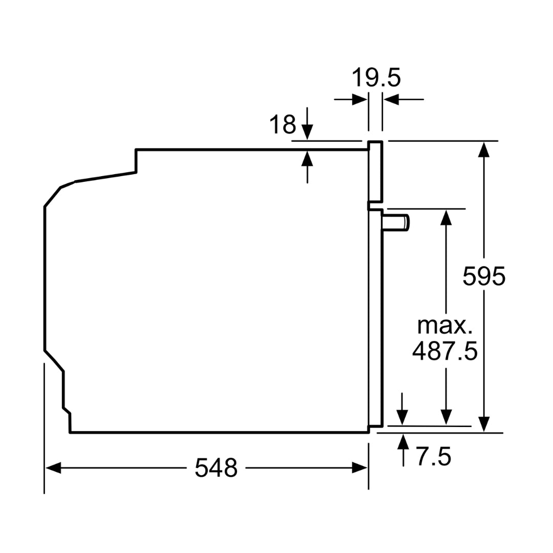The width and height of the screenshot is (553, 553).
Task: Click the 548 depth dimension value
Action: click(216, 468)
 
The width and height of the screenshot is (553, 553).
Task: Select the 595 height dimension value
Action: click(483, 276)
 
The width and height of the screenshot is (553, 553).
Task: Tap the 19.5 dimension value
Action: click(376, 78)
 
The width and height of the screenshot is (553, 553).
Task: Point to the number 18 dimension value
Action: click(283, 124)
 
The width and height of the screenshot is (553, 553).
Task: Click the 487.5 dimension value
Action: click(445, 351)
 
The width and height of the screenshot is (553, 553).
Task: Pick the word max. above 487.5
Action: click(444, 326)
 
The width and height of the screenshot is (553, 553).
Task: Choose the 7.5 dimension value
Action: click(434, 456)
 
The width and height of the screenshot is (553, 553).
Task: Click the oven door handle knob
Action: click(396, 223)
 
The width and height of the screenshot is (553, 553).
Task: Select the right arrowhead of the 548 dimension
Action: click(360, 469)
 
